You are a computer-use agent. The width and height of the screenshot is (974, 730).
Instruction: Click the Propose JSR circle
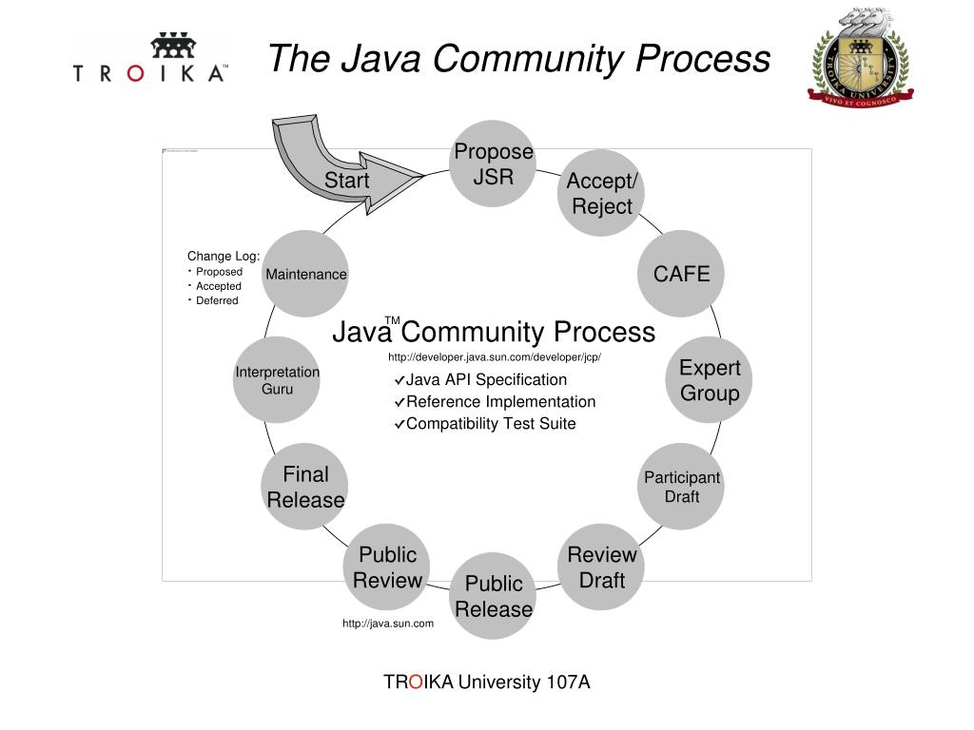(494, 163)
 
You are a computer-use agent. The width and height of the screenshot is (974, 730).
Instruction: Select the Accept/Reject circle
(601, 194)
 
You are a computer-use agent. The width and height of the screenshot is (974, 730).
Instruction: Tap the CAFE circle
(681, 274)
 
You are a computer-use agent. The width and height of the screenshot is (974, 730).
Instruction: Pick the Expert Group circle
(709, 380)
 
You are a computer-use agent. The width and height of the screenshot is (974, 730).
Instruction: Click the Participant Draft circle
(681, 487)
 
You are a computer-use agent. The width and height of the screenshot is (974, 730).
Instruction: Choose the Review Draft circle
(601, 567)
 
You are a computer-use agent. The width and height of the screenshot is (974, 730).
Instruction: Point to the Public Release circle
(494, 596)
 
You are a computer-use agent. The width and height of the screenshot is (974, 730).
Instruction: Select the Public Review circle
(387, 567)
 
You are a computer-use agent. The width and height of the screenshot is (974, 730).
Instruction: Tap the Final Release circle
(305, 487)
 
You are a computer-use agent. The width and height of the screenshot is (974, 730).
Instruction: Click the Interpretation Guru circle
(277, 380)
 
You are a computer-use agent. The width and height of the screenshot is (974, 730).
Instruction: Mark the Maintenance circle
(305, 274)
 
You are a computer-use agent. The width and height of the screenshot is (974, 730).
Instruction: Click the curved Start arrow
(333, 166)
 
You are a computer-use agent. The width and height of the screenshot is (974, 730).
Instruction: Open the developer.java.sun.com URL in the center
(494, 357)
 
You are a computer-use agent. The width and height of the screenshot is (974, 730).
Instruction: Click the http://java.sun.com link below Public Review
(388, 624)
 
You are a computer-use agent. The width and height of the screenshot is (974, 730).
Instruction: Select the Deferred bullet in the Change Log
(217, 300)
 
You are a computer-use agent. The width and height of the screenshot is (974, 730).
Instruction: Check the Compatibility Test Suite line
(490, 424)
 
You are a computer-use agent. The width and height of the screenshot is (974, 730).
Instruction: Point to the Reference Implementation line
(500, 402)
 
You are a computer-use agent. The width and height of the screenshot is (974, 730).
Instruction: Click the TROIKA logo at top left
(150, 59)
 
